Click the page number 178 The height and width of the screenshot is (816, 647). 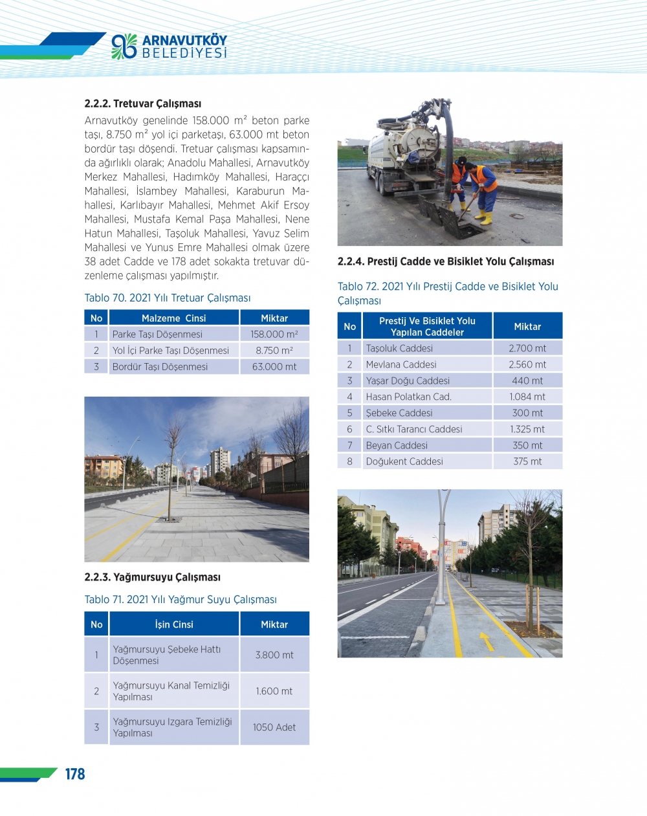coord(75,774)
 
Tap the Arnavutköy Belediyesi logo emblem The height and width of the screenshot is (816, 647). coord(124,46)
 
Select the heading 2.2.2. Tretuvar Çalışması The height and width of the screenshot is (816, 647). coord(142,104)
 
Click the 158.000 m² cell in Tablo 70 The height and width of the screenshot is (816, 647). coord(274,335)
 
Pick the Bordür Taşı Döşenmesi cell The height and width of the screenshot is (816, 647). coord(160,367)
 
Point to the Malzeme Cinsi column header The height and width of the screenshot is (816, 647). coord(173,318)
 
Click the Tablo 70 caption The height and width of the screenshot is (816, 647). coord(167,298)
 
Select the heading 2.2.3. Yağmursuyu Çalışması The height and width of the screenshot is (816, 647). coord(152,577)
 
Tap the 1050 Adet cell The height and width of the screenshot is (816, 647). coord(274,727)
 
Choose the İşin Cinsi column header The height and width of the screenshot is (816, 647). coord(174,624)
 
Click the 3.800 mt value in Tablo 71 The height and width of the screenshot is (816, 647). coord(274,655)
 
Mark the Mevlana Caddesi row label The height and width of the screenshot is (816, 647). coord(401,364)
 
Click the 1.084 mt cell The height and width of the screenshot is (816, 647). coord(527,397)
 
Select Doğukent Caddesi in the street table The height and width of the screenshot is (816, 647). coord(404,461)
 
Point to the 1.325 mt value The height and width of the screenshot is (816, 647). coord(527,429)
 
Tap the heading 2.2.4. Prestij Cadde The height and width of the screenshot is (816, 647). coord(445,261)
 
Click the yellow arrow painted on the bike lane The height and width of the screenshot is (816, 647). coord(486,640)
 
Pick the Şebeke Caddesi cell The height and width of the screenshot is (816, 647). coord(399,413)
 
